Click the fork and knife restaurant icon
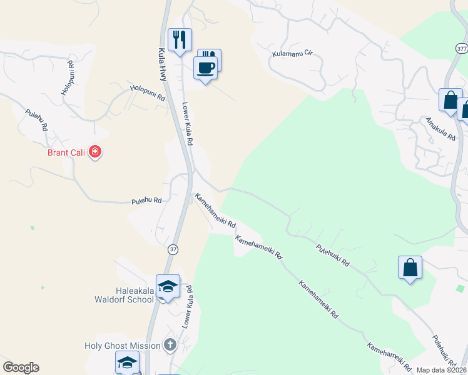click(x=180, y=40)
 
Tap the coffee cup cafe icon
click(x=205, y=67)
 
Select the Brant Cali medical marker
click(x=95, y=152)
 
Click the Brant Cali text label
click(x=66, y=152)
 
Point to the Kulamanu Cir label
click(x=292, y=54)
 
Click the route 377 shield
click(x=462, y=48)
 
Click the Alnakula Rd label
click(x=440, y=130)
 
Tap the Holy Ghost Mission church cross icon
click(x=170, y=344)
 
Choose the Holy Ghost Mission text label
click(x=123, y=346)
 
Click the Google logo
click(x=21, y=367)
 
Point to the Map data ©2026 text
click(x=441, y=370)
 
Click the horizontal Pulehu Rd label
click(x=146, y=201)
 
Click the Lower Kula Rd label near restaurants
click(x=187, y=124)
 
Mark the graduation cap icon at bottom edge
click(x=127, y=362)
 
